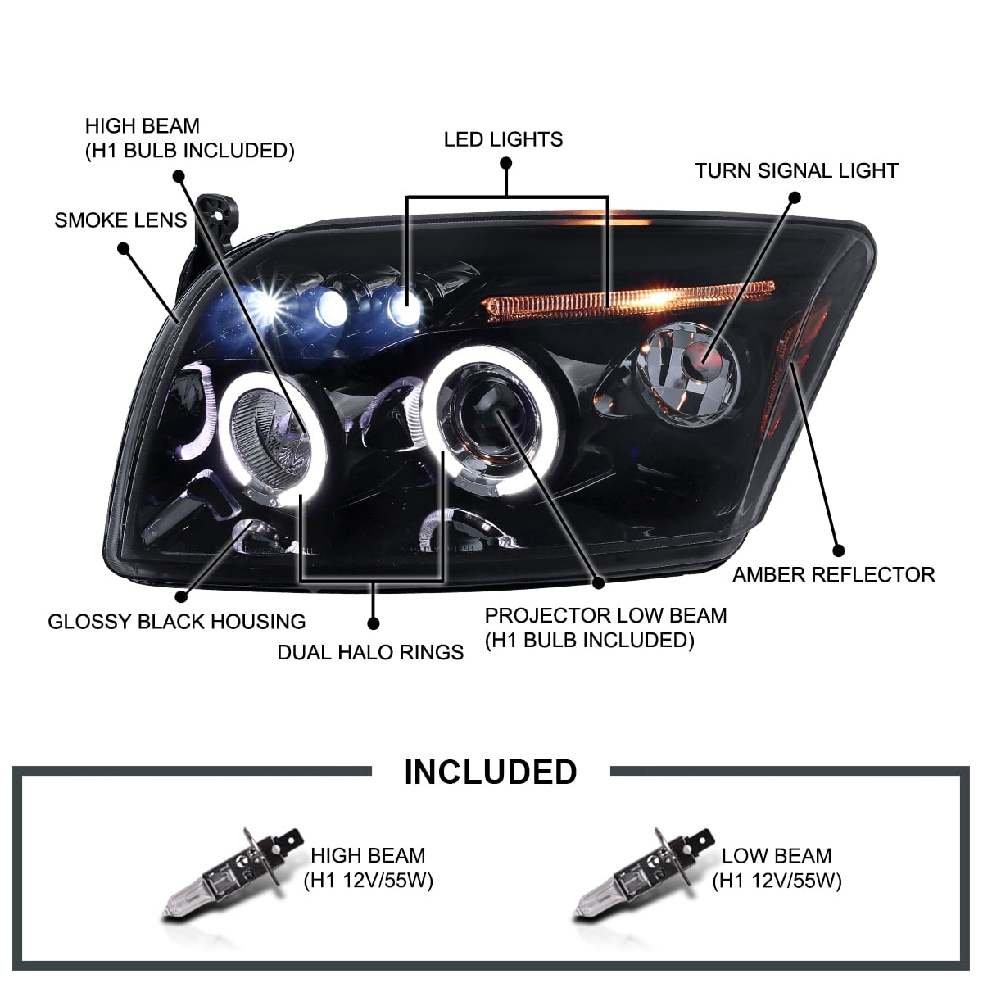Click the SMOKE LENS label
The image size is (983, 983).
pos(120,220)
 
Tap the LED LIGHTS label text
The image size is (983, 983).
pos(503,139)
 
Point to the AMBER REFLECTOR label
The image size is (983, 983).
pos(833,575)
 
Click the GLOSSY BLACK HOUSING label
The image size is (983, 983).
pos(176,622)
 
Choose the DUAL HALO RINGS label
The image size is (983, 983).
pos(370,653)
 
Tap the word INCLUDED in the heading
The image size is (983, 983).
pos(491,772)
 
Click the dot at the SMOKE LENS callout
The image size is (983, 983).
pos(124,247)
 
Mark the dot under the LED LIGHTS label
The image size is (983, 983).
pos(506,163)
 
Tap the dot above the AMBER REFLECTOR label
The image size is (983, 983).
pos(837,550)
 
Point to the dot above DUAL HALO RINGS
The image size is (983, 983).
pos(374,623)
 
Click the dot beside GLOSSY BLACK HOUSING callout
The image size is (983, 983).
pos(181,597)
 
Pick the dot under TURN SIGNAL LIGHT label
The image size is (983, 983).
pos(794,197)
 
